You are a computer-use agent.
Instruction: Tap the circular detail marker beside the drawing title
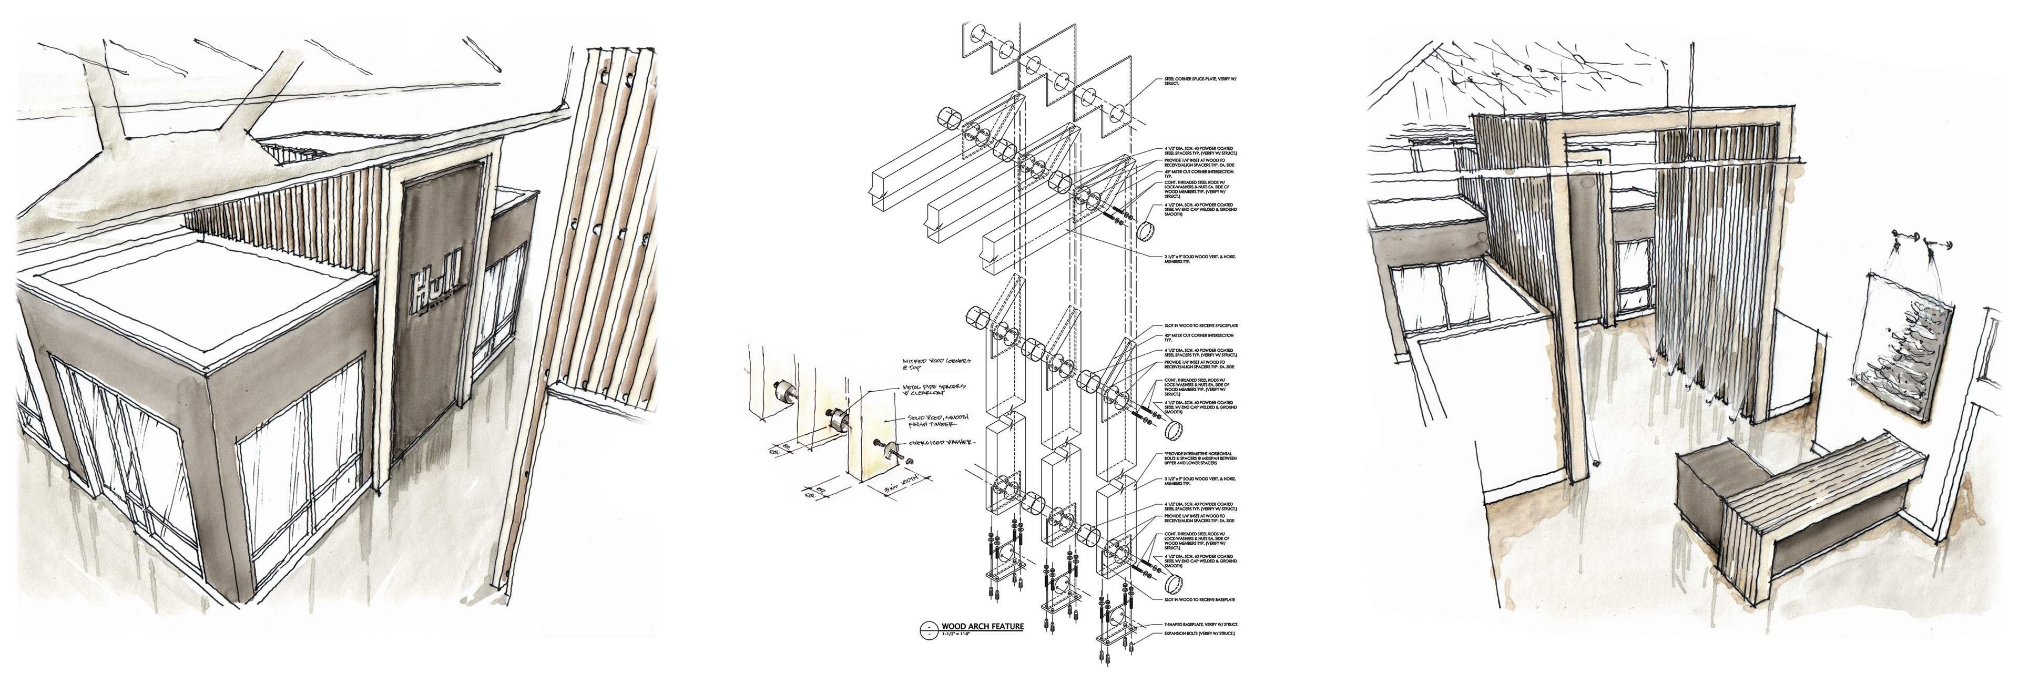(928, 628)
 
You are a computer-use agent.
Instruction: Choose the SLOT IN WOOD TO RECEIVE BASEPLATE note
(1199, 600)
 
